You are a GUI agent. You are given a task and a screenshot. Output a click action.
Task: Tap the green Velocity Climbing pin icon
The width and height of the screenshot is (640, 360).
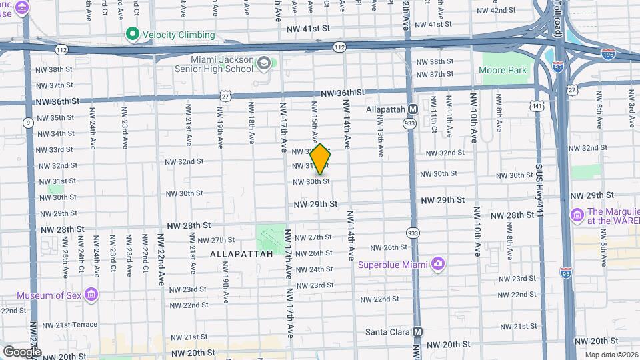[132, 35]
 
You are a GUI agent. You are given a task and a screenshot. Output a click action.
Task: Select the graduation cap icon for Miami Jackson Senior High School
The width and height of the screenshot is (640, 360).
[265, 63]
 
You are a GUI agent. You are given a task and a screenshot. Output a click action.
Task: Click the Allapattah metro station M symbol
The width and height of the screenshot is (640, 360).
[413, 109]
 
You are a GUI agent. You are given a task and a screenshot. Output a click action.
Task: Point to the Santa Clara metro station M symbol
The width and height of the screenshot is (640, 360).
[418, 331]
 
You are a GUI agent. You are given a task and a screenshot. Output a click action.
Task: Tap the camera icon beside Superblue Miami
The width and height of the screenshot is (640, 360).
[437, 264]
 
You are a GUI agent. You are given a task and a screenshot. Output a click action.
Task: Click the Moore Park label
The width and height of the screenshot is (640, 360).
[503, 70]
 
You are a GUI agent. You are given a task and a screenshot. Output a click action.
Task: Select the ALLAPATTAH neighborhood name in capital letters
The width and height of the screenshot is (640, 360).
[241, 254]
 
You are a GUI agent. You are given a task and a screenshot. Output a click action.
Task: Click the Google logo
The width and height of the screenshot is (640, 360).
[21, 351]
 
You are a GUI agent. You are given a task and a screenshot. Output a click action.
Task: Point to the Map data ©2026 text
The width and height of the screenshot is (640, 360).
[611, 355]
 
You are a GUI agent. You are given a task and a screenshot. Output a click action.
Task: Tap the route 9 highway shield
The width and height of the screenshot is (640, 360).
[28, 123]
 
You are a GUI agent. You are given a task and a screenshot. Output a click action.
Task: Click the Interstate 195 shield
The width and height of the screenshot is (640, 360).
[607, 51]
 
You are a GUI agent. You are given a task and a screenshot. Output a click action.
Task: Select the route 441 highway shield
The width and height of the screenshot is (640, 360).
[537, 105]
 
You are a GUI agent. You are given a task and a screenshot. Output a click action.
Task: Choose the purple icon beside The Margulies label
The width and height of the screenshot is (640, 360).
[577, 215]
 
